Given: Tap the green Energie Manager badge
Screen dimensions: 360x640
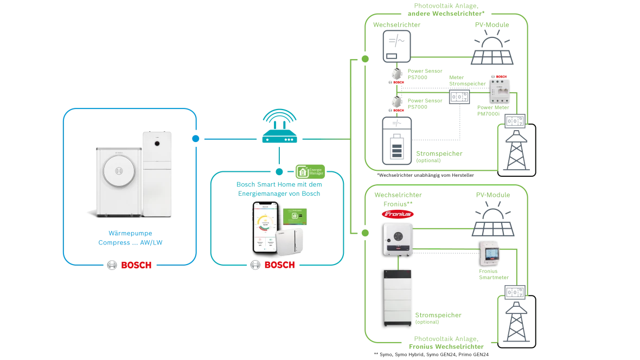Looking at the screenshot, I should [x=310, y=172].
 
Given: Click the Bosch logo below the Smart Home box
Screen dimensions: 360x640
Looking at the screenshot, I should [x=273, y=265].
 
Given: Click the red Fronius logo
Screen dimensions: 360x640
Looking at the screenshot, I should [x=398, y=214].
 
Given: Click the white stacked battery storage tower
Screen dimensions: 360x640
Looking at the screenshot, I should [x=398, y=297].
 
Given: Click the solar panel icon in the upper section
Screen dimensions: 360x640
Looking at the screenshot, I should [x=492, y=46].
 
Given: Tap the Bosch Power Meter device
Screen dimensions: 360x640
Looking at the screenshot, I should [x=501, y=88].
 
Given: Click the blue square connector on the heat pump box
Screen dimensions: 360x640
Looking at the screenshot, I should [x=195, y=139].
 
